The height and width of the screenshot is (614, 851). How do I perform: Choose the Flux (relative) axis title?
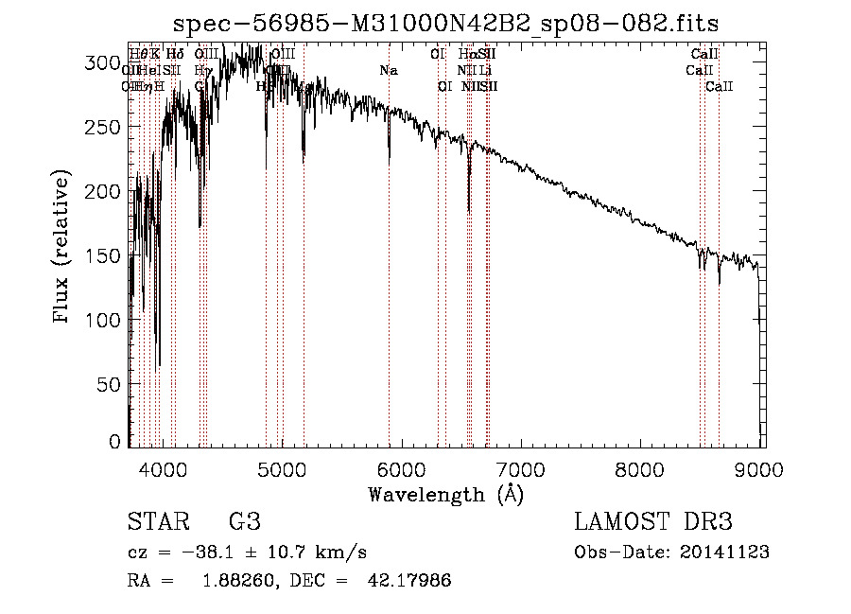(63, 248)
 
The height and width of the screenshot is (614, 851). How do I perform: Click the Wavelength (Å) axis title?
(445, 494)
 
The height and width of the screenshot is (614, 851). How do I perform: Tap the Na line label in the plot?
(389, 70)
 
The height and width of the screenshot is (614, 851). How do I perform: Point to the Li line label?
(485, 70)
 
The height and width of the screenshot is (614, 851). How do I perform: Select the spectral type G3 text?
(244, 522)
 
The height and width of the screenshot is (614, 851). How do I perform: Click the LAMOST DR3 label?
(652, 522)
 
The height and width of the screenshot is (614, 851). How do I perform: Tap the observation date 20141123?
(724, 553)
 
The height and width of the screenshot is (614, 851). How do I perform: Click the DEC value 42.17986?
(408, 581)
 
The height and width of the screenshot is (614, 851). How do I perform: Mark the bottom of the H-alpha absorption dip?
(469, 212)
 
